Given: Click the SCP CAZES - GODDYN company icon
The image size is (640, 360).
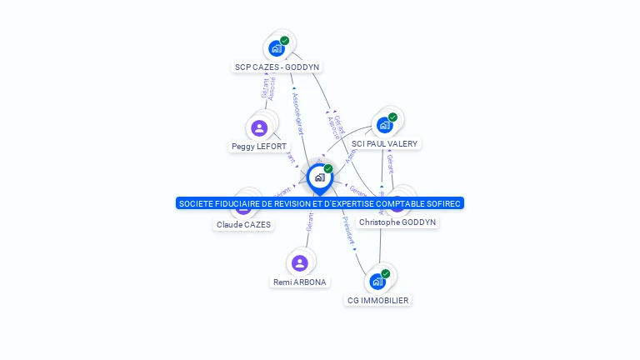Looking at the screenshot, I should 277,48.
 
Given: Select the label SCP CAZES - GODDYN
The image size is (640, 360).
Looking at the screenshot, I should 277,67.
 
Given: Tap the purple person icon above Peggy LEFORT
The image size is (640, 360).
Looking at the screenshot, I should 259,127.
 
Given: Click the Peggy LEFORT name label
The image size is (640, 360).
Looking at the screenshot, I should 259,147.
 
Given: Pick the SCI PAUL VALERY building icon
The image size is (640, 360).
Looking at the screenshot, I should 384,125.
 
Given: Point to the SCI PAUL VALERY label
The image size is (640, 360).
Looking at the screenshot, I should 384,143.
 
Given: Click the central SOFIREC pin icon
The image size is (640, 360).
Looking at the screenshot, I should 319,177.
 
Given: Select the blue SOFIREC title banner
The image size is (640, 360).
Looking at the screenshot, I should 320,203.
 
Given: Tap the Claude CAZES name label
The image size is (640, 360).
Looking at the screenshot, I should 243,225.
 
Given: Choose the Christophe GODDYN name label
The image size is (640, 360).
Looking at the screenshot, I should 397,222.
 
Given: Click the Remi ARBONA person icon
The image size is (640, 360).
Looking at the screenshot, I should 300,262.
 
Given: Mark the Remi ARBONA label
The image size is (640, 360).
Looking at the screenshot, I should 300,282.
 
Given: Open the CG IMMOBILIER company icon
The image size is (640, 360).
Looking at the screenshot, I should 377,281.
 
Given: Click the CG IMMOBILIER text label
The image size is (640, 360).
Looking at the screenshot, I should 378,300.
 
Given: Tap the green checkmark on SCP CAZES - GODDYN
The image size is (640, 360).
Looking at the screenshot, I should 285,40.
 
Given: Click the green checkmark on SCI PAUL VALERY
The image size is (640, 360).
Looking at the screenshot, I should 392,117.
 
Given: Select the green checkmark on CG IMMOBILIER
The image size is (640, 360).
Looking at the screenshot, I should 386,273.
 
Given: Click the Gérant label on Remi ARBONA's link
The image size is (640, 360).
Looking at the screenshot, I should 309,221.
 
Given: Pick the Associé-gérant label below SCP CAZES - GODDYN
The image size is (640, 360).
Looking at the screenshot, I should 297,112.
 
